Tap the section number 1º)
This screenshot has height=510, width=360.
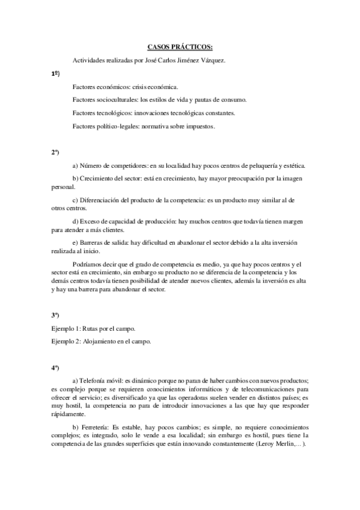click(55, 73)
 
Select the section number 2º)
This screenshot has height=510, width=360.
click(55, 152)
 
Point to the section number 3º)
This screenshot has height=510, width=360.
click(55, 315)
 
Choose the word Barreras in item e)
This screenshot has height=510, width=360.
click(91, 242)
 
